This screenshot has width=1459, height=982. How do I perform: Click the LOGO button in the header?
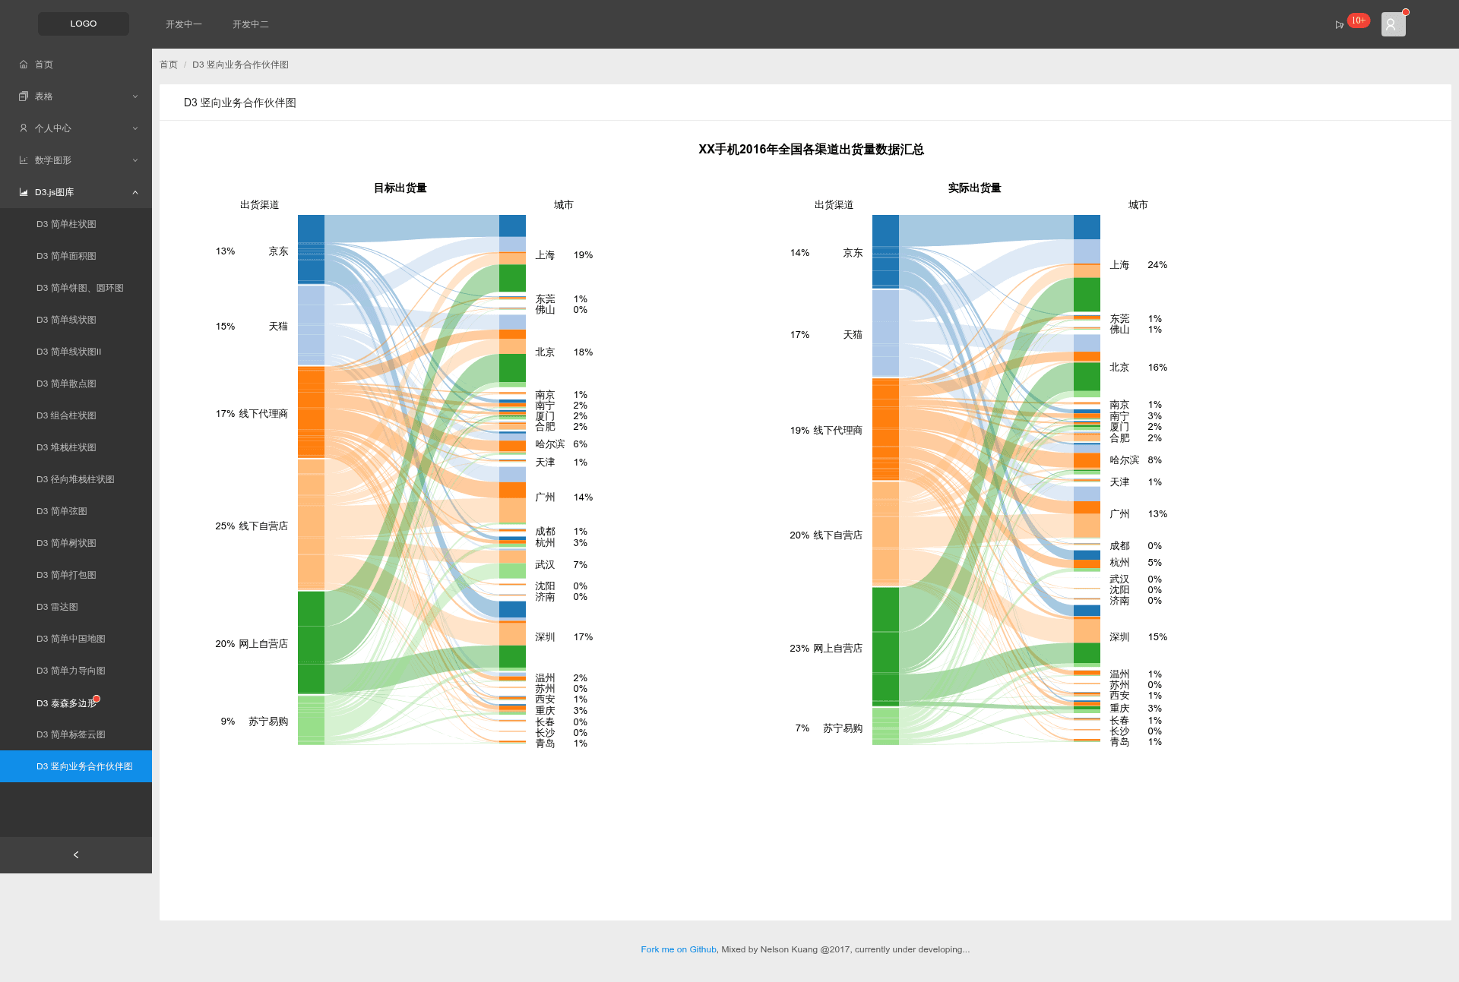84,24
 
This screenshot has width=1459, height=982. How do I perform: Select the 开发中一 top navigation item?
184,24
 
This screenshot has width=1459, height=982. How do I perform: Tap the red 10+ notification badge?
1358,21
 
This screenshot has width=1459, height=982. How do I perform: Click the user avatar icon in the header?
1393,24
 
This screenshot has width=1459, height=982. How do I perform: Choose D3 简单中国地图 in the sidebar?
71,639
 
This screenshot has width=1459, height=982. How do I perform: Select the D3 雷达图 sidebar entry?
57,607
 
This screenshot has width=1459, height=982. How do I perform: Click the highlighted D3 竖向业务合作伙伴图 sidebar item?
76,766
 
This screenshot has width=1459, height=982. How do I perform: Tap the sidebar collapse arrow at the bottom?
76,855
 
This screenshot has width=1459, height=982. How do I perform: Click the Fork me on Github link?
679,949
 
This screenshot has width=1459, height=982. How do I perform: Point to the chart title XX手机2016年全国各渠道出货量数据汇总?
811,150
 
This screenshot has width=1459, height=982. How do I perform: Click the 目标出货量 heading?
400,188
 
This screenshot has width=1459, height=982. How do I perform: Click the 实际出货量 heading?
974,188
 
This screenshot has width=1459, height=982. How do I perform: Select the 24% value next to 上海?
1157,265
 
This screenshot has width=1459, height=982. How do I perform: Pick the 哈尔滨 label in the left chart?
549,444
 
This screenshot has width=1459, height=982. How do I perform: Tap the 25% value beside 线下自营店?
225,526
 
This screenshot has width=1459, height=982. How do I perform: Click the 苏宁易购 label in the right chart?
843,728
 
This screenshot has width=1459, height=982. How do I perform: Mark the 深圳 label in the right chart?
1119,637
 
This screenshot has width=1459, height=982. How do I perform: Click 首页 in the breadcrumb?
169,65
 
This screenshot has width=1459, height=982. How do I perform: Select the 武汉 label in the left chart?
545,565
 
